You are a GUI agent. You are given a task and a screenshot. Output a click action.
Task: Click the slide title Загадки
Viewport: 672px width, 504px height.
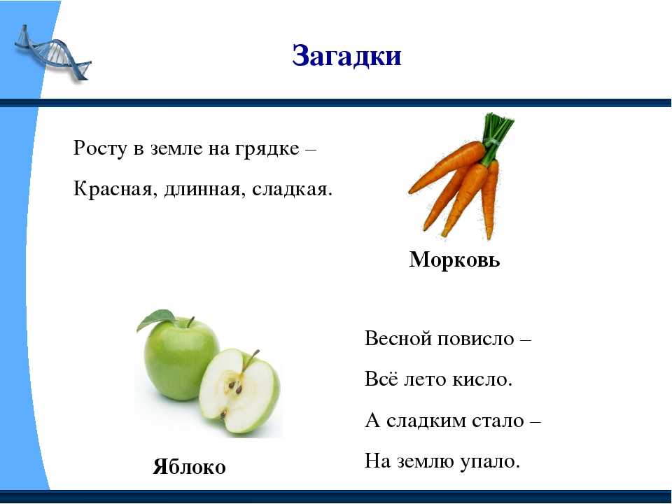[346, 56]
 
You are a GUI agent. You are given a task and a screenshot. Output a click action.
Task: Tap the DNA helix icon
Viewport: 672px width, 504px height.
[52, 53]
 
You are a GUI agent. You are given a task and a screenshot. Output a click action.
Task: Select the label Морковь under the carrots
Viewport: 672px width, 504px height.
[454, 260]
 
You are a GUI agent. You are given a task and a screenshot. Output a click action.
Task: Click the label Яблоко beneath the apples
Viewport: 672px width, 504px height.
[189, 467]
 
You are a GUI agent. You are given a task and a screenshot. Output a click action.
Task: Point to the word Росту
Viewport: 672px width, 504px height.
[101, 149]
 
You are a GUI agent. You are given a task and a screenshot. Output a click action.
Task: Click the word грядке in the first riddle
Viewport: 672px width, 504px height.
[267, 149]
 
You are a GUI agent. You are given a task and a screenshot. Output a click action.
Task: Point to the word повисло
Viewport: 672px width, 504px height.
[475, 339]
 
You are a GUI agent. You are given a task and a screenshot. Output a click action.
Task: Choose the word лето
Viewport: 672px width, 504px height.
[425, 379]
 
